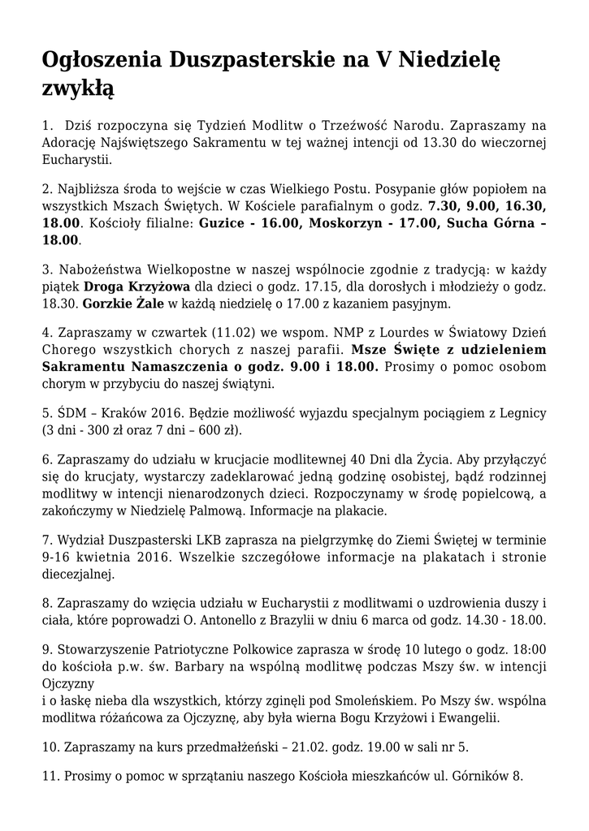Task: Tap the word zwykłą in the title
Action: click(x=78, y=88)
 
